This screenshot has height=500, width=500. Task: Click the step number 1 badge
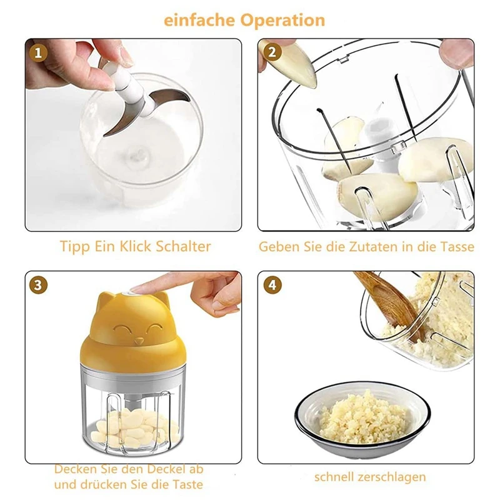click(38, 52)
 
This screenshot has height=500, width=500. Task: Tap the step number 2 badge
click(272, 52)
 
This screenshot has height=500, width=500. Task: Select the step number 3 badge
click(38, 284)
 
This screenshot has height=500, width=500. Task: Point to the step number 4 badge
click(272, 284)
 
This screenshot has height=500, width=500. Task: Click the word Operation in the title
click(282, 21)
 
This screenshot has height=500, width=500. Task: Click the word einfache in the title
click(199, 20)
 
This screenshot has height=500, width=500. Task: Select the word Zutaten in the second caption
click(374, 247)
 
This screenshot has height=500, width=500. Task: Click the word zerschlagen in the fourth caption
click(392, 477)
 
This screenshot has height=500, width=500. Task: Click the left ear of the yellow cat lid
click(106, 299)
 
